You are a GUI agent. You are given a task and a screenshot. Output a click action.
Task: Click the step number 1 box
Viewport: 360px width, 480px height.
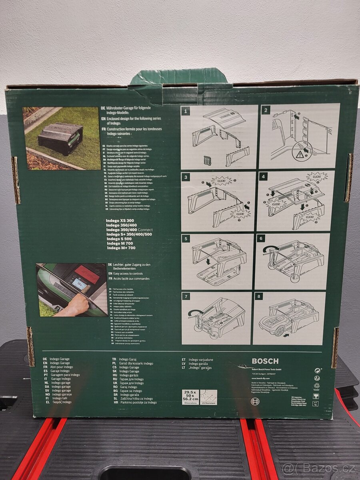click(x=186, y=111)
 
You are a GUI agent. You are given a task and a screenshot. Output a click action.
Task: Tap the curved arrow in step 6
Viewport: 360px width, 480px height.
click(x=269, y=250)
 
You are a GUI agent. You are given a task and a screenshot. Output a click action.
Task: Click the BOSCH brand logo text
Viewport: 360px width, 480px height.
click(x=265, y=361)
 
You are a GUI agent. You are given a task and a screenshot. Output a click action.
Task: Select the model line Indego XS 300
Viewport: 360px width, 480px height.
click(x=120, y=221)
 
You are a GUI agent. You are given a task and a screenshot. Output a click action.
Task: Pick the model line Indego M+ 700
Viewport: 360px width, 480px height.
click(x=121, y=248)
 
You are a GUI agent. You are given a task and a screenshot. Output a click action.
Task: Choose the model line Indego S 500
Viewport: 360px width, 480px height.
click(x=119, y=239)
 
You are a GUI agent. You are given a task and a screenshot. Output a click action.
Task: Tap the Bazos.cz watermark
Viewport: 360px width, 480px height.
click(x=319, y=468)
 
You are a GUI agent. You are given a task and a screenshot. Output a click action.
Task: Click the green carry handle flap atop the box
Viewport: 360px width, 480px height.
click(x=179, y=77)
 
